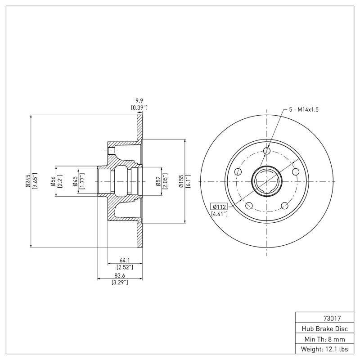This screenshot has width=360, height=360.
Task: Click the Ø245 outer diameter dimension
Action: click(28, 180)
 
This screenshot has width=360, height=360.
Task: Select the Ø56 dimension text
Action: click(53, 181)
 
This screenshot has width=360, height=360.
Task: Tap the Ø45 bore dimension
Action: click(75, 181)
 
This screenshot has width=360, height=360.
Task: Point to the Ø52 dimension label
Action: click(158, 181)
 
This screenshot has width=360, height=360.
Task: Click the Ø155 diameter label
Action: click(181, 181)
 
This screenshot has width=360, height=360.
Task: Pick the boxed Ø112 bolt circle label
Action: click(219, 207)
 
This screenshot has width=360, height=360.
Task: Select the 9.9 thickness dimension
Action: click(139, 101)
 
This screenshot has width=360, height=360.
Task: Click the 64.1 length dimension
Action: click(125, 260)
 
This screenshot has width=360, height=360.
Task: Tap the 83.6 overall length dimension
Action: click(120, 275)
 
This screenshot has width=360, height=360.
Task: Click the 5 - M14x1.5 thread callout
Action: click(303, 109)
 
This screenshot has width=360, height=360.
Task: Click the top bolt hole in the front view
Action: click(267, 151)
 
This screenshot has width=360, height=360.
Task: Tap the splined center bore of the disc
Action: click(267, 181)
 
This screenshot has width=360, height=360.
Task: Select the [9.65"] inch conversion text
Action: click(35, 180)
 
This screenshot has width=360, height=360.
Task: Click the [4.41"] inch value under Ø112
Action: click(219, 214)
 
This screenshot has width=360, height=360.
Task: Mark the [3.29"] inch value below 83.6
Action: click(120, 282)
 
